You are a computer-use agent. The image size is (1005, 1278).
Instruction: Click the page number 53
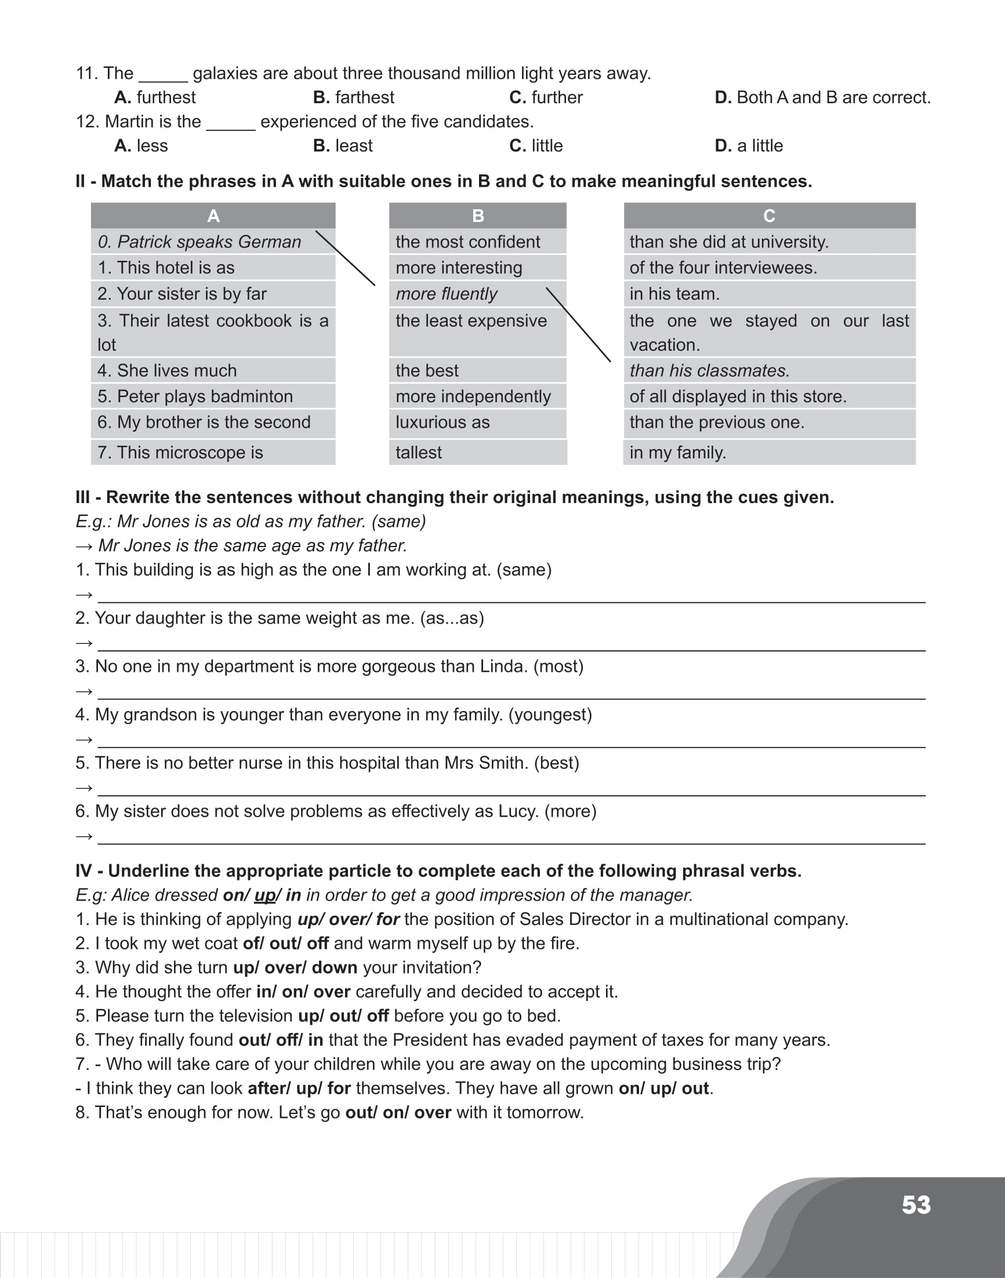click(916, 1204)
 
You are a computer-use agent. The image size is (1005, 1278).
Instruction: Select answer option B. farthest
click(354, 97)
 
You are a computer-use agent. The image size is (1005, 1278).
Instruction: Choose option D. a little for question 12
click(749, 145)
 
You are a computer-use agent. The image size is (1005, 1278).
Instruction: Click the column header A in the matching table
click(213, 216)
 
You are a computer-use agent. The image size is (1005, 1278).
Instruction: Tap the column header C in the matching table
click(769, 216)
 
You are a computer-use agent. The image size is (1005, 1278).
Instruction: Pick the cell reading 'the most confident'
click(468, 242)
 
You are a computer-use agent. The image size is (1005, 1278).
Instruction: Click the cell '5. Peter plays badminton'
click(195, 396)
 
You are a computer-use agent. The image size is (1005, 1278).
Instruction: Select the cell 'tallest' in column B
click(418, 452)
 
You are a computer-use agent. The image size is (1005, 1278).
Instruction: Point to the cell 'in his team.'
click(674, 293)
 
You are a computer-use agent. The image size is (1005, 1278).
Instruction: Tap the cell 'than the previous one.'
click(717, 423)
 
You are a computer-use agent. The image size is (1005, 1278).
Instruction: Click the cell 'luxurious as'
click(442, 423)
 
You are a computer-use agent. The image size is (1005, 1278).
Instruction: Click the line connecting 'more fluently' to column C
click(578, 325)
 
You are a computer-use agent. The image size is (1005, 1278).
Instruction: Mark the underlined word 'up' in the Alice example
click(265, 895)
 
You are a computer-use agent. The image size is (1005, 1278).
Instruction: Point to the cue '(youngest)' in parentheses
click(550, 715)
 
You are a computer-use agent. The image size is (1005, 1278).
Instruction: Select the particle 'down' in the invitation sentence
click(334, 967)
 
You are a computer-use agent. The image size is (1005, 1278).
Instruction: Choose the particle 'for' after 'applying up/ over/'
click(388, 919)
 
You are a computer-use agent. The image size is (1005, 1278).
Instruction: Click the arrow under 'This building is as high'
click(84, 595)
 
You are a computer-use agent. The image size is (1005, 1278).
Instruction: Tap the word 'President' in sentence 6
click(430, 1040)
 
